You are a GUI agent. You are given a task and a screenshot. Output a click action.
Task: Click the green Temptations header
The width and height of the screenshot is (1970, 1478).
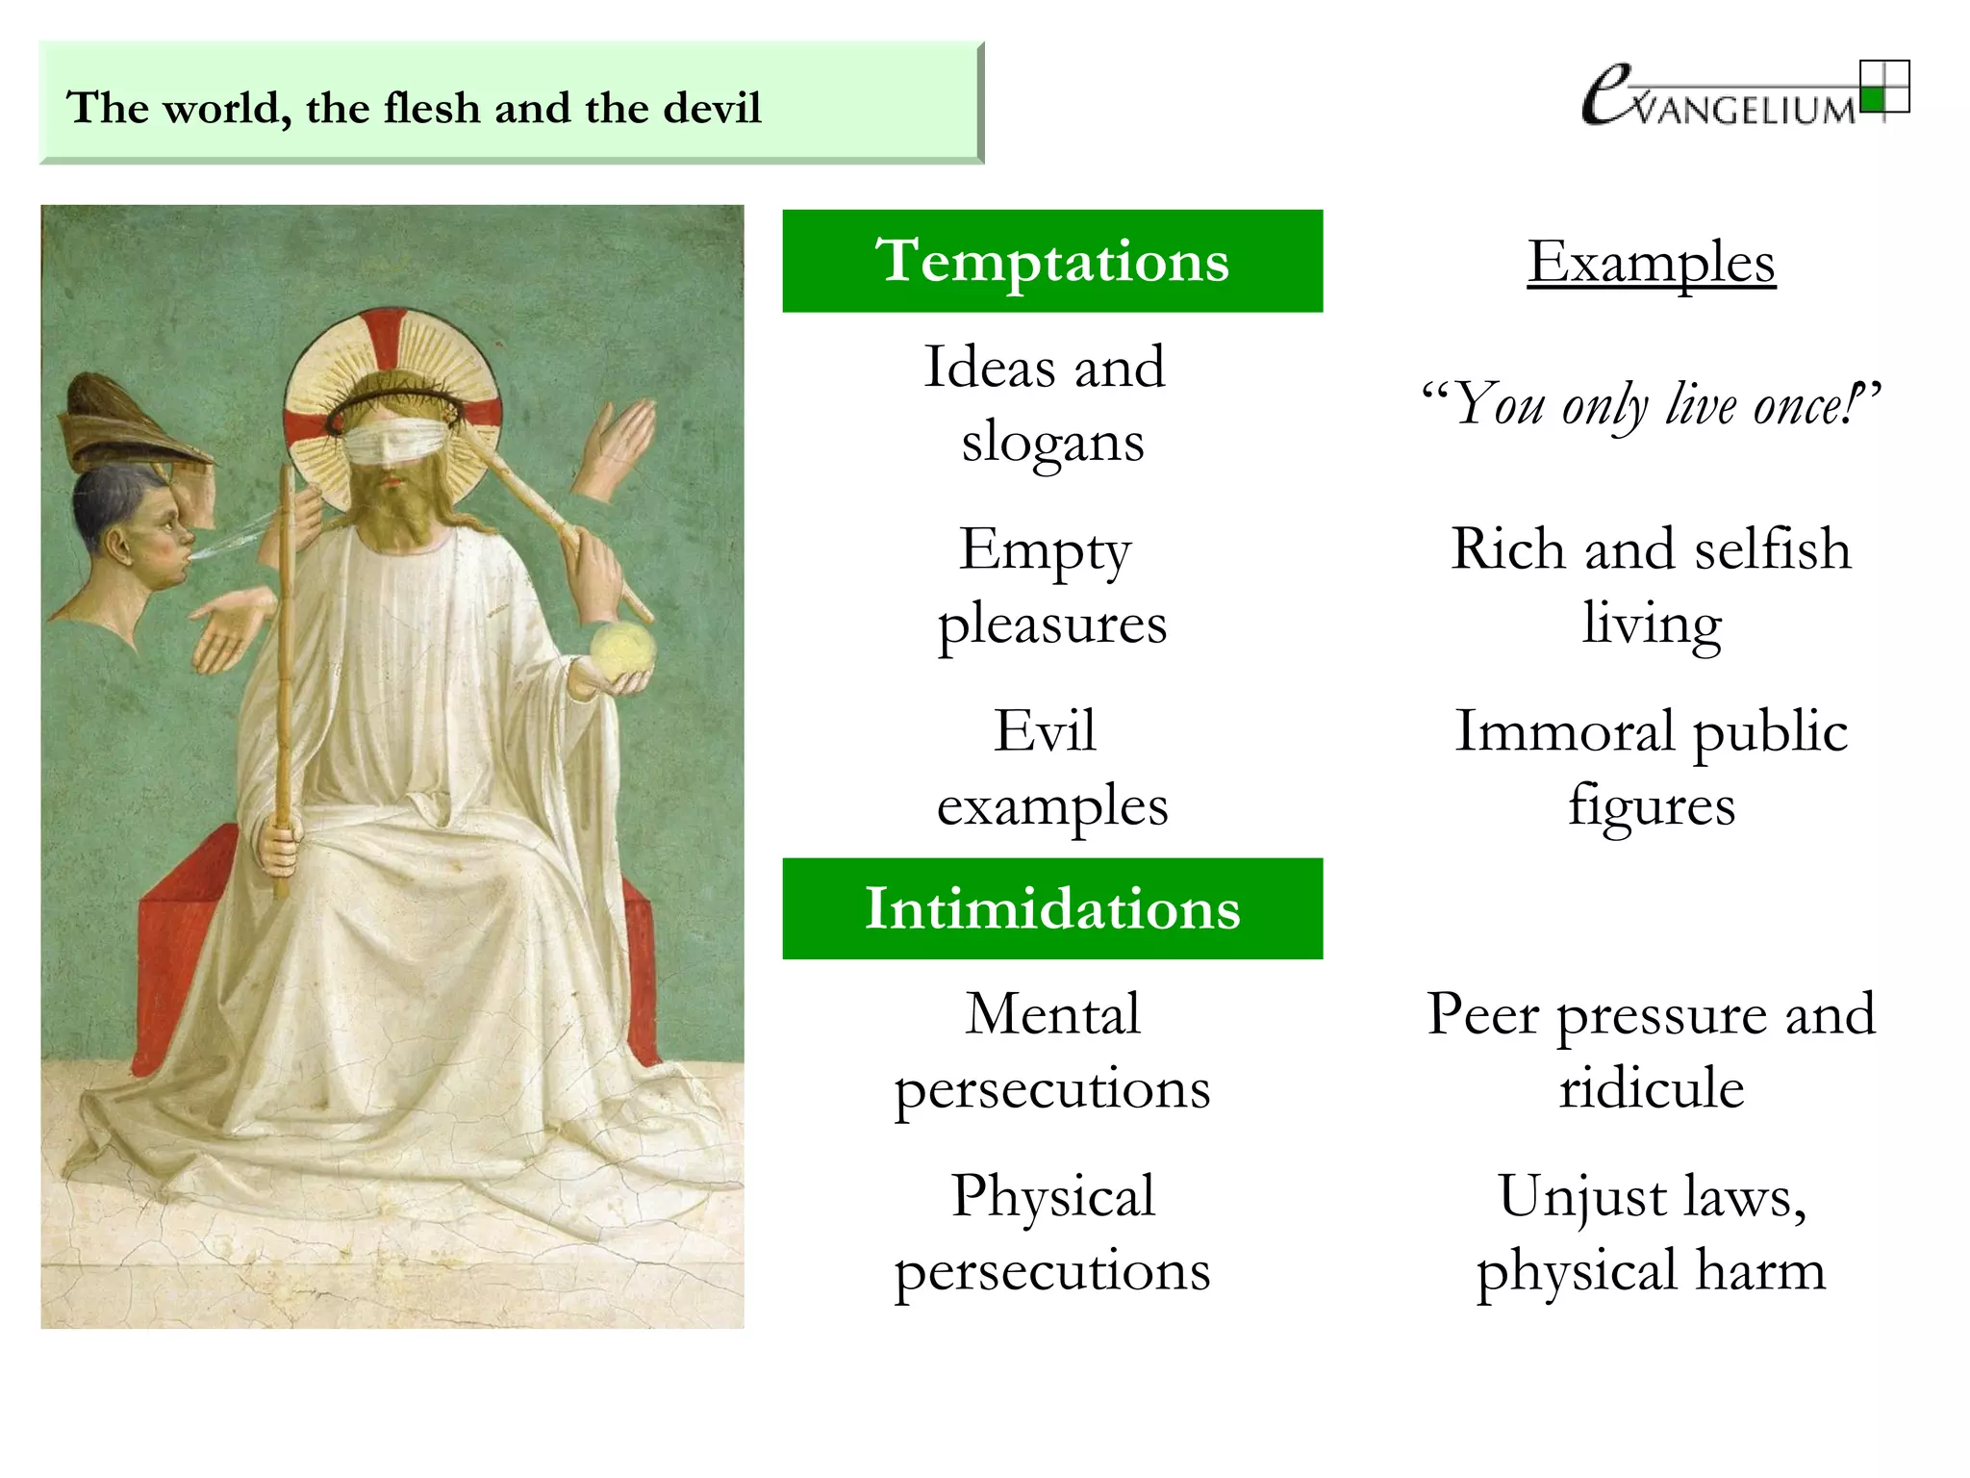tap(1052, 261)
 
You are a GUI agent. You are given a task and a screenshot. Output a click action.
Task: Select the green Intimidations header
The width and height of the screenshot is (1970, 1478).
tap(1052, 908)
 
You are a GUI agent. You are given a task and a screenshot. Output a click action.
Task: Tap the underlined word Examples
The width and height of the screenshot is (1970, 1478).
tap(1651, 262)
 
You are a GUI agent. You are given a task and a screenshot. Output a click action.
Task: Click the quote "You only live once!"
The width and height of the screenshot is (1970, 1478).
tap(1651, 404)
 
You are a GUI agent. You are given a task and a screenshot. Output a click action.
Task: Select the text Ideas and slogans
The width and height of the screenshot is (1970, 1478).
tap(1047, 404)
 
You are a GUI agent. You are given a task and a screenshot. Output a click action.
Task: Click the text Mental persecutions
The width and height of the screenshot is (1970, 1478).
tap(1052, 1051)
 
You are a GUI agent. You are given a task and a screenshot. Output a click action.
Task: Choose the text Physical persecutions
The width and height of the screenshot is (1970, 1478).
tap(1052, 1233)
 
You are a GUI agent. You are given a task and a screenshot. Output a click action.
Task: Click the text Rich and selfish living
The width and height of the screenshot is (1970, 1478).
tap(1651, 586)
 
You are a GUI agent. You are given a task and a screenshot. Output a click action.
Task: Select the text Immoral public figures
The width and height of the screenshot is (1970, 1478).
tap(1651, 768)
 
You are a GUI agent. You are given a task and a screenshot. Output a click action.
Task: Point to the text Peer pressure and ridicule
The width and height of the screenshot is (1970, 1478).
tap(1651, 1051)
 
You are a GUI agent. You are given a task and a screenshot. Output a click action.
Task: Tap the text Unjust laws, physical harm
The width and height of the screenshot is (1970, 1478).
tap(1651, 1233)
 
